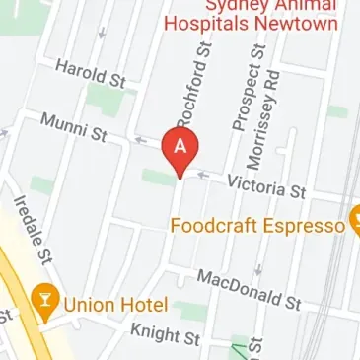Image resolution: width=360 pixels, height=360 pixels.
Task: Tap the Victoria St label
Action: pos(266,184)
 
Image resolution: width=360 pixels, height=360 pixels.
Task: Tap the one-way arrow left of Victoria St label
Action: pos(203,176)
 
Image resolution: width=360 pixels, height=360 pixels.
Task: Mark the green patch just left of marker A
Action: pos(156,176)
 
